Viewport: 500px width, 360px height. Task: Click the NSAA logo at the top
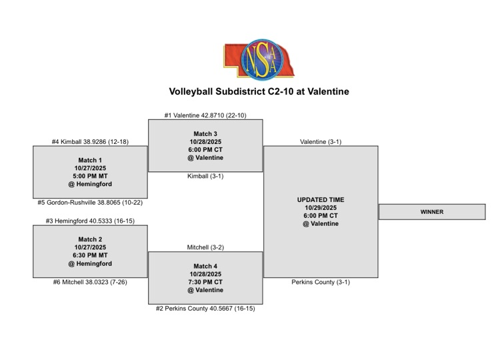pos(259,59)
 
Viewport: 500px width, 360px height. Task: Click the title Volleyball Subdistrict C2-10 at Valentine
pos(259,91)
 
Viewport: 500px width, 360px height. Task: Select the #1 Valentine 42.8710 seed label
pos(205,115)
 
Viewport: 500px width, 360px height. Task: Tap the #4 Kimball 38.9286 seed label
pos(90,141)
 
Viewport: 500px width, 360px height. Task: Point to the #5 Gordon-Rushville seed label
pos(90,203)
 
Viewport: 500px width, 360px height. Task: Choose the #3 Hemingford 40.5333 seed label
pos(90,221)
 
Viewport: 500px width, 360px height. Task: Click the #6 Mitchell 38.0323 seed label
pos(90,282)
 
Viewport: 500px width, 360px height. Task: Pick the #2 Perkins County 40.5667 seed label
pos(205,308)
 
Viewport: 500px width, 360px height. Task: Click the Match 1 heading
pos(90,160)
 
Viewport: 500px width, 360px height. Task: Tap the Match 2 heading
pos(90,239)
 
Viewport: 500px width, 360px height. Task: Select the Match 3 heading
pos(205,134)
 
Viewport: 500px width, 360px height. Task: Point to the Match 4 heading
pos(205,266)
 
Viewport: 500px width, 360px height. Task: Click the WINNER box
pos(432,212)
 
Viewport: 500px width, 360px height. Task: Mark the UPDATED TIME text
pos(321,199)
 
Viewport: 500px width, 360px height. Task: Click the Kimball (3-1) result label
pos(205,176)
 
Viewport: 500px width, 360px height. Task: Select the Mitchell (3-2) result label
pos(205,247)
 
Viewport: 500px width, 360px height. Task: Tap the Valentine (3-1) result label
pos(321,141)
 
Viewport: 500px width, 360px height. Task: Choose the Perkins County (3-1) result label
pos(321,282)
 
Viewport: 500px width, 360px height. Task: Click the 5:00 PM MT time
pos(90,176)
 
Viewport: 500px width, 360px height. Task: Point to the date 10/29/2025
pos(321,207)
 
